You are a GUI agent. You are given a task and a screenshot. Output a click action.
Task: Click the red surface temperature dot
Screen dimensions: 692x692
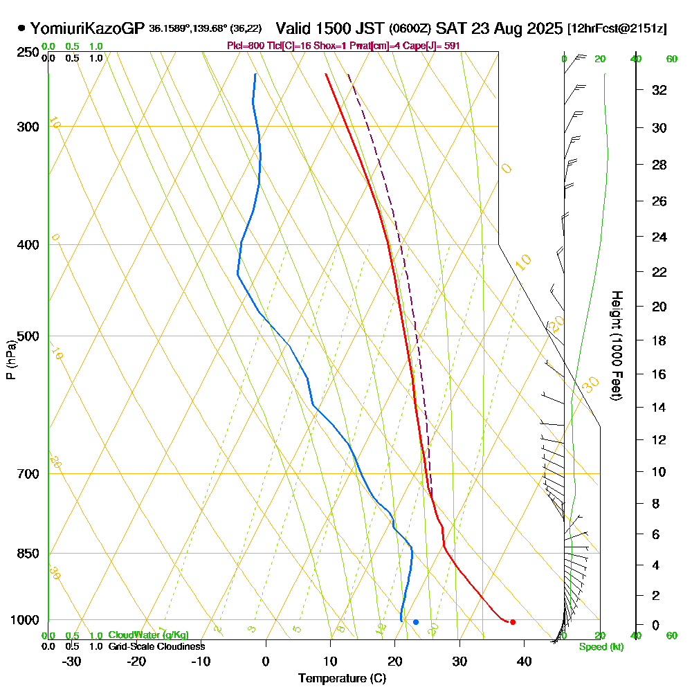point(512,622)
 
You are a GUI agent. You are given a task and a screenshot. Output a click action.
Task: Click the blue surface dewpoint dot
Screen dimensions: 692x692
point(416,622)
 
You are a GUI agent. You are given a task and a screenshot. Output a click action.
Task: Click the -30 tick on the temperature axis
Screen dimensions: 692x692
point(72,661)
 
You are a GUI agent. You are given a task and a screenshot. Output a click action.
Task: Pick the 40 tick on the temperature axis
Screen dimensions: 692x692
point(524,661)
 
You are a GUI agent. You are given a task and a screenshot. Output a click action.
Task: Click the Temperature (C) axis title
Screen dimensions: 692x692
point(342,679)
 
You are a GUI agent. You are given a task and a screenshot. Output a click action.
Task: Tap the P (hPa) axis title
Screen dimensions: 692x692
point(10,359)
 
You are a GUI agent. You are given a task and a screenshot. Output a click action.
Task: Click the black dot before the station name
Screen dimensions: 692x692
point(22,28)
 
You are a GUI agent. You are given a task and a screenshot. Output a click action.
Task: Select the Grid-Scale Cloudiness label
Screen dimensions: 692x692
point(156,646)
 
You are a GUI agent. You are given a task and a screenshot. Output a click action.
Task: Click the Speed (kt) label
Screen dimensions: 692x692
point(601,647)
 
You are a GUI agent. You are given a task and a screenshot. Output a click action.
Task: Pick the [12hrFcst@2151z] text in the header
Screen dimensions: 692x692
point(617,29)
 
